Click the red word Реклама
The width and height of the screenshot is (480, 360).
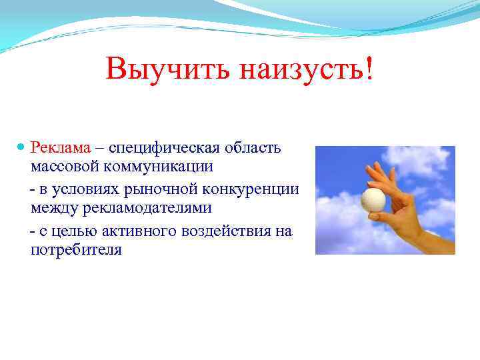tap(59, 147)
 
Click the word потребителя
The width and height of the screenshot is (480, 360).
tap(76, 251)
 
